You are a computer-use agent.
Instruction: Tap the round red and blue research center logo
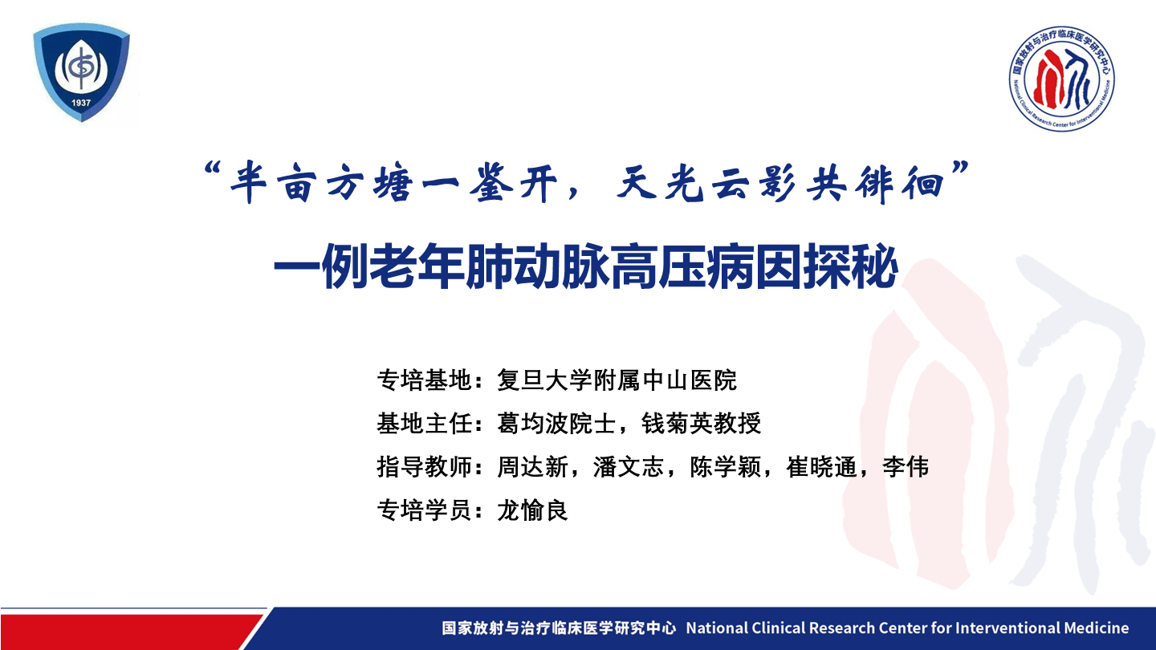(1061, 79)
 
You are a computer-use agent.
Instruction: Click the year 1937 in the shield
(81, 103)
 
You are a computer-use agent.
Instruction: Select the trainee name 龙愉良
(532, 510)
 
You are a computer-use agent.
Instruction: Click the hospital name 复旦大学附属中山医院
(617, 380)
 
